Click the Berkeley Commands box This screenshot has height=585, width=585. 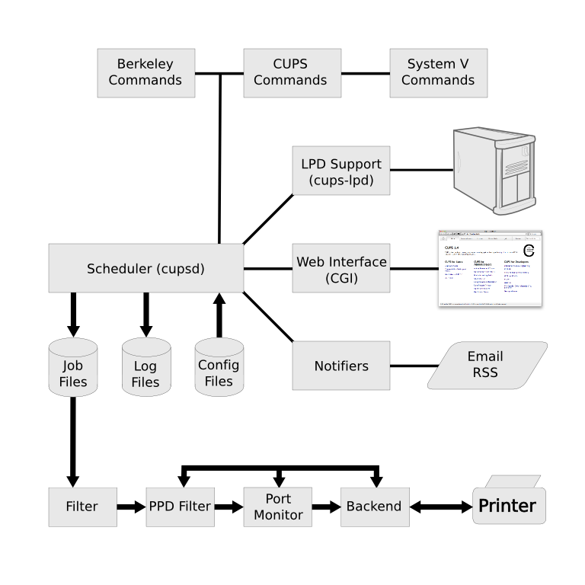coord(145,73)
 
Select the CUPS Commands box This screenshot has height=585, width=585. coord(292,73)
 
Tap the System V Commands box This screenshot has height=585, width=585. coord(438,73)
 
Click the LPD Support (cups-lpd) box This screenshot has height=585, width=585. coord(340,171)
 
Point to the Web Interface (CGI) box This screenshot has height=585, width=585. coord(340,268)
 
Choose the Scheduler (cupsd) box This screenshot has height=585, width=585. coord(145,268)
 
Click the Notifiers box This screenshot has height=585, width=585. coord(340,366)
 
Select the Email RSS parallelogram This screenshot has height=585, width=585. coord(487,366)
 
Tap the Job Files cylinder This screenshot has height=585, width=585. coord(73,369)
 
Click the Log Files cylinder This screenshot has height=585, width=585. coord(146,369)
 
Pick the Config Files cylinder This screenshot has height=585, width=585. coord(219,369)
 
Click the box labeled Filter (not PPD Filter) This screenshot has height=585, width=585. coord(82,506)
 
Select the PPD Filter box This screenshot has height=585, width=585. coord(180,506)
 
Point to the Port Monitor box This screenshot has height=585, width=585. coord(278,506)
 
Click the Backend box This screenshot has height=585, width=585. coord(373,506)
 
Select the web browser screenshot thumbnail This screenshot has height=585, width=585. coord(490,268)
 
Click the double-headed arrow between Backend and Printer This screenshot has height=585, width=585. coord(439,507)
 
